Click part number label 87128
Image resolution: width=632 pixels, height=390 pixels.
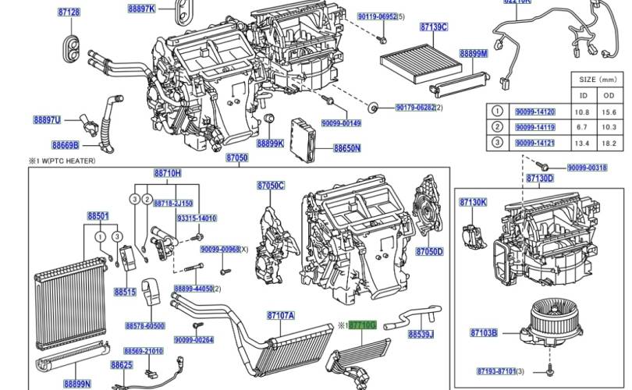(69, 12)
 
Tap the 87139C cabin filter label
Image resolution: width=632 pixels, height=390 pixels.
(434, 27)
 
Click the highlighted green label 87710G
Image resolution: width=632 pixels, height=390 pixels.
(363, 324)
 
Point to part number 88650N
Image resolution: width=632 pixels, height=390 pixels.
(347, 147)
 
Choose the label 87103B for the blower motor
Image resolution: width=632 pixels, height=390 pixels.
(485, 333)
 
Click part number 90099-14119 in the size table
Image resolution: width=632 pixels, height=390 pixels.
(535, 128)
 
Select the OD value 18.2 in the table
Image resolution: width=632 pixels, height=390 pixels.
(609, 144)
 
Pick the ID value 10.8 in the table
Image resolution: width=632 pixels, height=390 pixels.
(581, 112)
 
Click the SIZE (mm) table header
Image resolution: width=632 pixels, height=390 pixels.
(596, 80)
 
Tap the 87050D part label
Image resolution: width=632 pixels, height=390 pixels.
(429, 252)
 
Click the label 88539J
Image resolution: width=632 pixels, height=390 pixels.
(421, 334)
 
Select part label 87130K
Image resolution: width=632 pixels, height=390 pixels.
(473, 203)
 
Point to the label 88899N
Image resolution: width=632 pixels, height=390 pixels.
(78, 383)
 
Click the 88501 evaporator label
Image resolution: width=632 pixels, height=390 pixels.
(98, 215)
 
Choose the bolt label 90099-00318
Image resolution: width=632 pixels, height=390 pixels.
(588, 168)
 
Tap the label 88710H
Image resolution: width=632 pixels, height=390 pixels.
(167, 173)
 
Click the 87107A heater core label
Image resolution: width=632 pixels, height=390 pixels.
(280, 315)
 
